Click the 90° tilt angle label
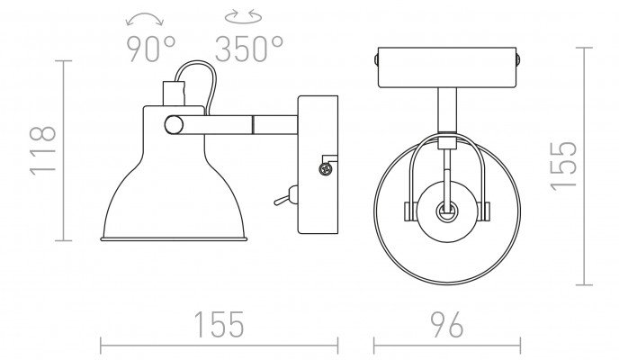point(151,49)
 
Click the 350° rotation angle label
point(249,49)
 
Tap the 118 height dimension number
point(42,150)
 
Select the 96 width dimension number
point(447,325)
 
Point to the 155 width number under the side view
point(220,325)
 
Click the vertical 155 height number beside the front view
point(564,166)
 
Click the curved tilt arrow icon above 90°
point(145,18)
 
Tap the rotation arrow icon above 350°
point(243,16)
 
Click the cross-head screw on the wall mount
point(326,169)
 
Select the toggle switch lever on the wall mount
point(285,197)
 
